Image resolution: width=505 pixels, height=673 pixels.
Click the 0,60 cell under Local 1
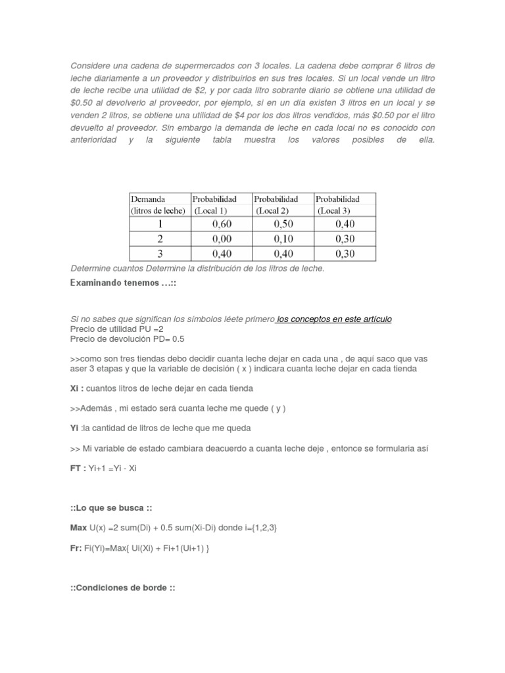(x=222, y=224)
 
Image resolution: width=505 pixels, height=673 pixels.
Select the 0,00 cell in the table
(x=222, y=239)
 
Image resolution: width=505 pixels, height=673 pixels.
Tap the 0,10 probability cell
(x=283, y=239)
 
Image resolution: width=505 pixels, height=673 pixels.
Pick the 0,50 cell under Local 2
(x=283, y=224)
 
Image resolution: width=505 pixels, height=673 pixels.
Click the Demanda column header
(x=148, y=198)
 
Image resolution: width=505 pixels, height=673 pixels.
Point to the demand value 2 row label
(x=159, y=239)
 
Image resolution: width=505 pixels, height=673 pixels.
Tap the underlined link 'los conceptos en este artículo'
(x=334, y=319)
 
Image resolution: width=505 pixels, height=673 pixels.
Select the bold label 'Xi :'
(x=76, y=388)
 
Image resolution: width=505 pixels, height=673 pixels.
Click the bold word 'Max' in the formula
(x=78, y=528)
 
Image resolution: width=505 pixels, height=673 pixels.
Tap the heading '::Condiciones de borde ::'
(x=122, y=587)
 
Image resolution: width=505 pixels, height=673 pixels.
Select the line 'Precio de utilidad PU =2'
(x=110, y=329)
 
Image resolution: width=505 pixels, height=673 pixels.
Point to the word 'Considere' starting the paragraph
(x=87, y=66)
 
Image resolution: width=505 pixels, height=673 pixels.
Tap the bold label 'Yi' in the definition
(x=74, y=429)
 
